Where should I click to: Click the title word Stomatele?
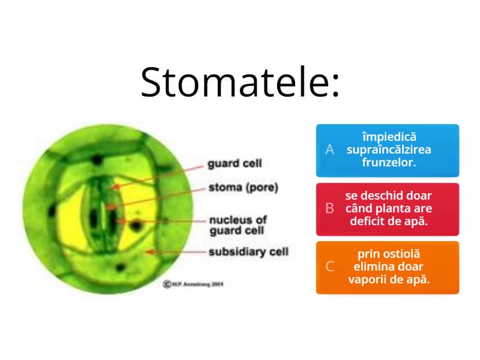tap(240, 82)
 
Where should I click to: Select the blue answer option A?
tap(388, 150)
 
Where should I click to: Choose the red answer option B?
tap(388, 209)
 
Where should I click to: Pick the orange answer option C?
tap(388, 268)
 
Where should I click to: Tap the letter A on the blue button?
tap(329, 150)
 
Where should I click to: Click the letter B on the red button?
tap(329, 209)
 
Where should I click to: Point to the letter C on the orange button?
tap(329, 268)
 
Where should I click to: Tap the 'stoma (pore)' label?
tap(243, 187)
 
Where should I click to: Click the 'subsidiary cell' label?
tap(248, 251)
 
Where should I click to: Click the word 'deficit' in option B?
tap(374, 220)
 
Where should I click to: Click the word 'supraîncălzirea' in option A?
tap(389, 150)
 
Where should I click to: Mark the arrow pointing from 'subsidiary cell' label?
tap(174, 252)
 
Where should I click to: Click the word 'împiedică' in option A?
tap(389, 138)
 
